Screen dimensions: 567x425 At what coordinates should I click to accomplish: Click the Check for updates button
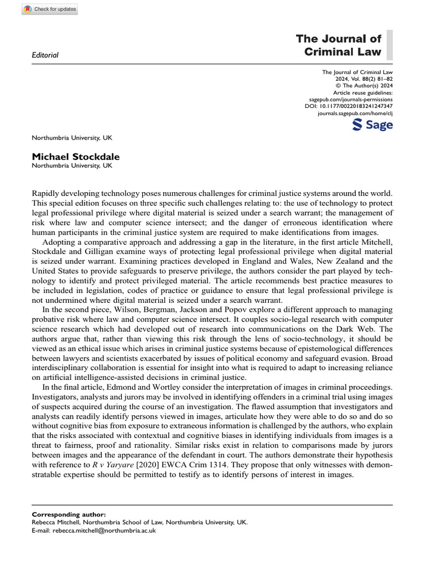(x=50, y=9)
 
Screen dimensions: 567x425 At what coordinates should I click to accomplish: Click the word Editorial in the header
(x=46, y=55)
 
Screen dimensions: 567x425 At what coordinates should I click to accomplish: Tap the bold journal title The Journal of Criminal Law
(x=339, y=45)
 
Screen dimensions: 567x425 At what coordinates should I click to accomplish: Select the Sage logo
(x=372, y=125)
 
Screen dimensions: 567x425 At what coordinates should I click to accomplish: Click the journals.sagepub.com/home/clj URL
(x=355, y=113)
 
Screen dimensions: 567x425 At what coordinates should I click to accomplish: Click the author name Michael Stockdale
(x=76, y=157)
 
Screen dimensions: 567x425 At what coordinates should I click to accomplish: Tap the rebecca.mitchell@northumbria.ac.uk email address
(x=105, y=530)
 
